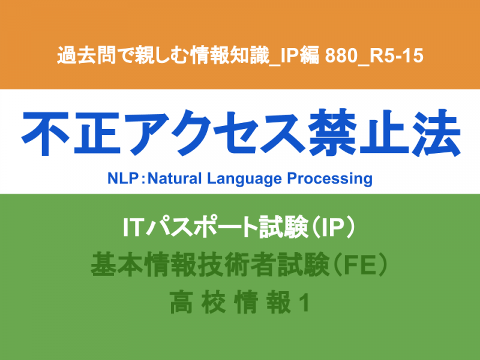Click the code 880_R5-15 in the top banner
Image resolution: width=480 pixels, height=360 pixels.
374,56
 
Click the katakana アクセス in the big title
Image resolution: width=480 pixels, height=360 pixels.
214,133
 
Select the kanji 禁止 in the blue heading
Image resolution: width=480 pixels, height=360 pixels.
358,133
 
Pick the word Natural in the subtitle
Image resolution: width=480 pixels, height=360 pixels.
175,178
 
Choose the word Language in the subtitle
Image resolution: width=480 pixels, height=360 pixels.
244,179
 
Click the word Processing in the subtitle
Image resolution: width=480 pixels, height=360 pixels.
329,179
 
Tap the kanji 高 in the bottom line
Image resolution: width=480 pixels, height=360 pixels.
181,302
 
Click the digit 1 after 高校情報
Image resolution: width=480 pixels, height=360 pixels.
305,303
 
